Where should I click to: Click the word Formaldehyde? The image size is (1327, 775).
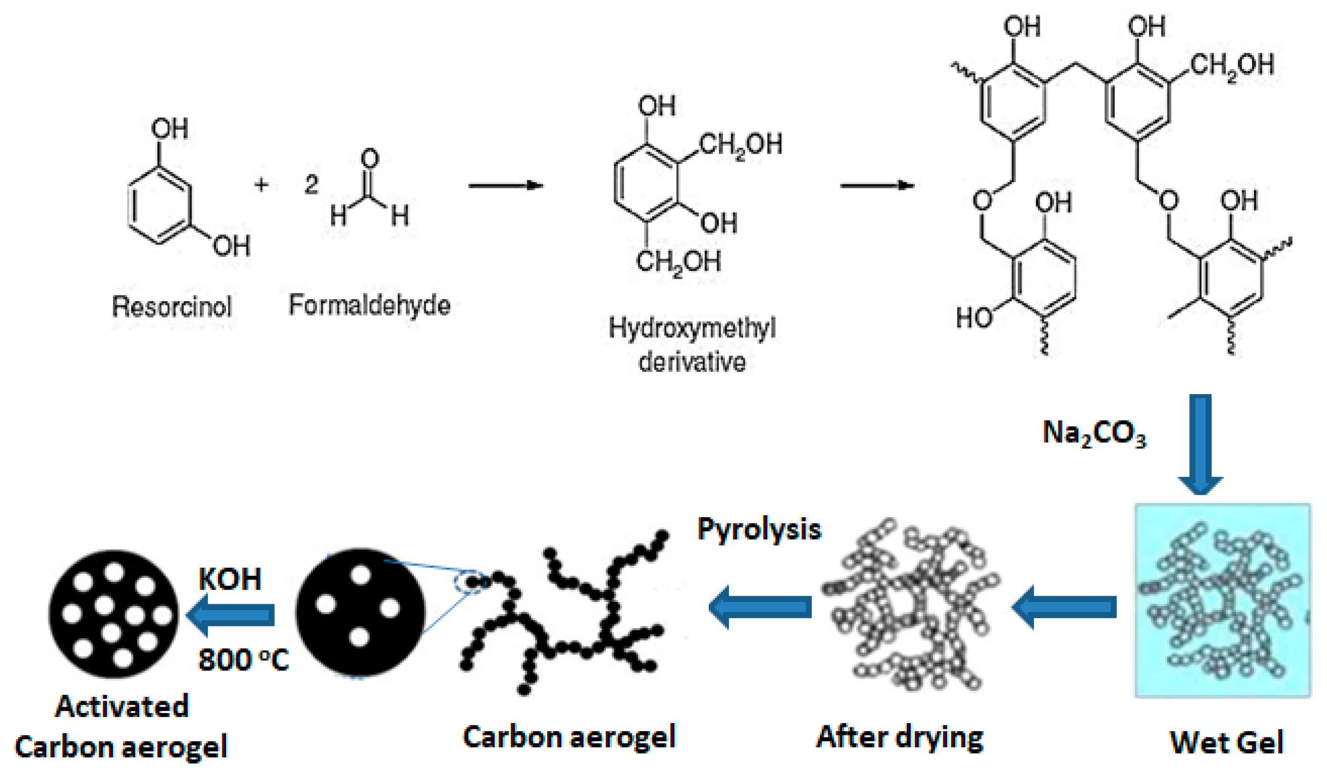pos(370,305)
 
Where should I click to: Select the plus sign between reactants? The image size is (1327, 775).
pos(261,184)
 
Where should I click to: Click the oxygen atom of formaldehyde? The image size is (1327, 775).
pos(370,158)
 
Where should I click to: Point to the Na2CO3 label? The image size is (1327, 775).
pos(1094,434)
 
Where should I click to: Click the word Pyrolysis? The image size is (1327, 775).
pos(759,529)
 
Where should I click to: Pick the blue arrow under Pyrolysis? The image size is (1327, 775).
pos(760,607)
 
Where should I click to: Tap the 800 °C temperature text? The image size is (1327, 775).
pos(243,660)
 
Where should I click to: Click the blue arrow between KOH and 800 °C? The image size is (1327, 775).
pos(232,614)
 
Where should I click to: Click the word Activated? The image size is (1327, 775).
pos(122,706)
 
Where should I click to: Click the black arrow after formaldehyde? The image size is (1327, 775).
pos(506,185)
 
